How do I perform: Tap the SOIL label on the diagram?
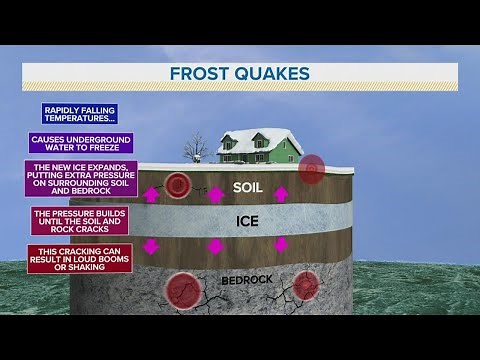(x=247, y=187)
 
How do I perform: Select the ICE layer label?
(x=247, y=221)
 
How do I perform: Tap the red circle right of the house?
(x=312, y=168)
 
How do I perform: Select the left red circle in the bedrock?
(x=183, y=292)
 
